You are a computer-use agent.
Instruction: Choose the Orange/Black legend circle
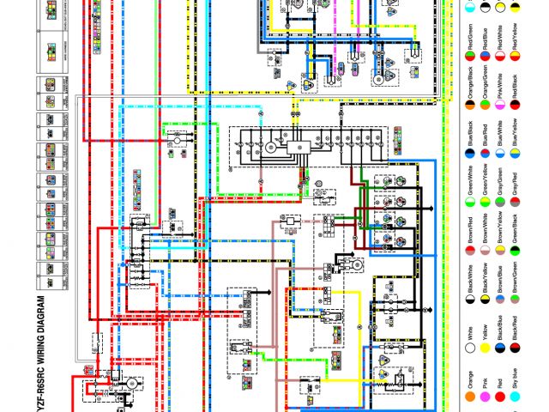[x=470, y=103]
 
